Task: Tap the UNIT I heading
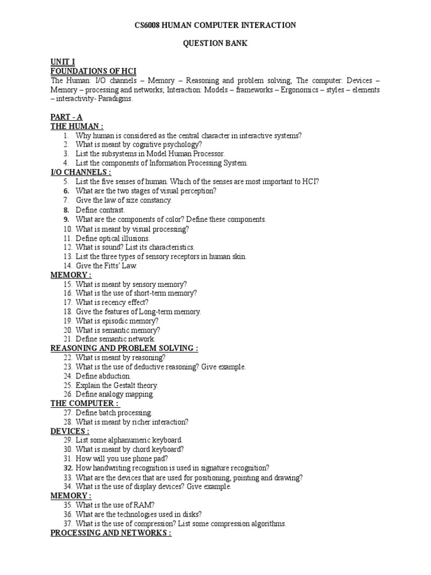click(62, 62)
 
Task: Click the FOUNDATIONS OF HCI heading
click(93, 71)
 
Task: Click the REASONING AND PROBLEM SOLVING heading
click(124, 348)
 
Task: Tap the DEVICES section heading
click(70, 431)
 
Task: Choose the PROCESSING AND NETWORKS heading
click(111, 533)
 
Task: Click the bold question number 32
click(68, 468)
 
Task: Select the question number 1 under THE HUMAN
click(66, 135)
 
